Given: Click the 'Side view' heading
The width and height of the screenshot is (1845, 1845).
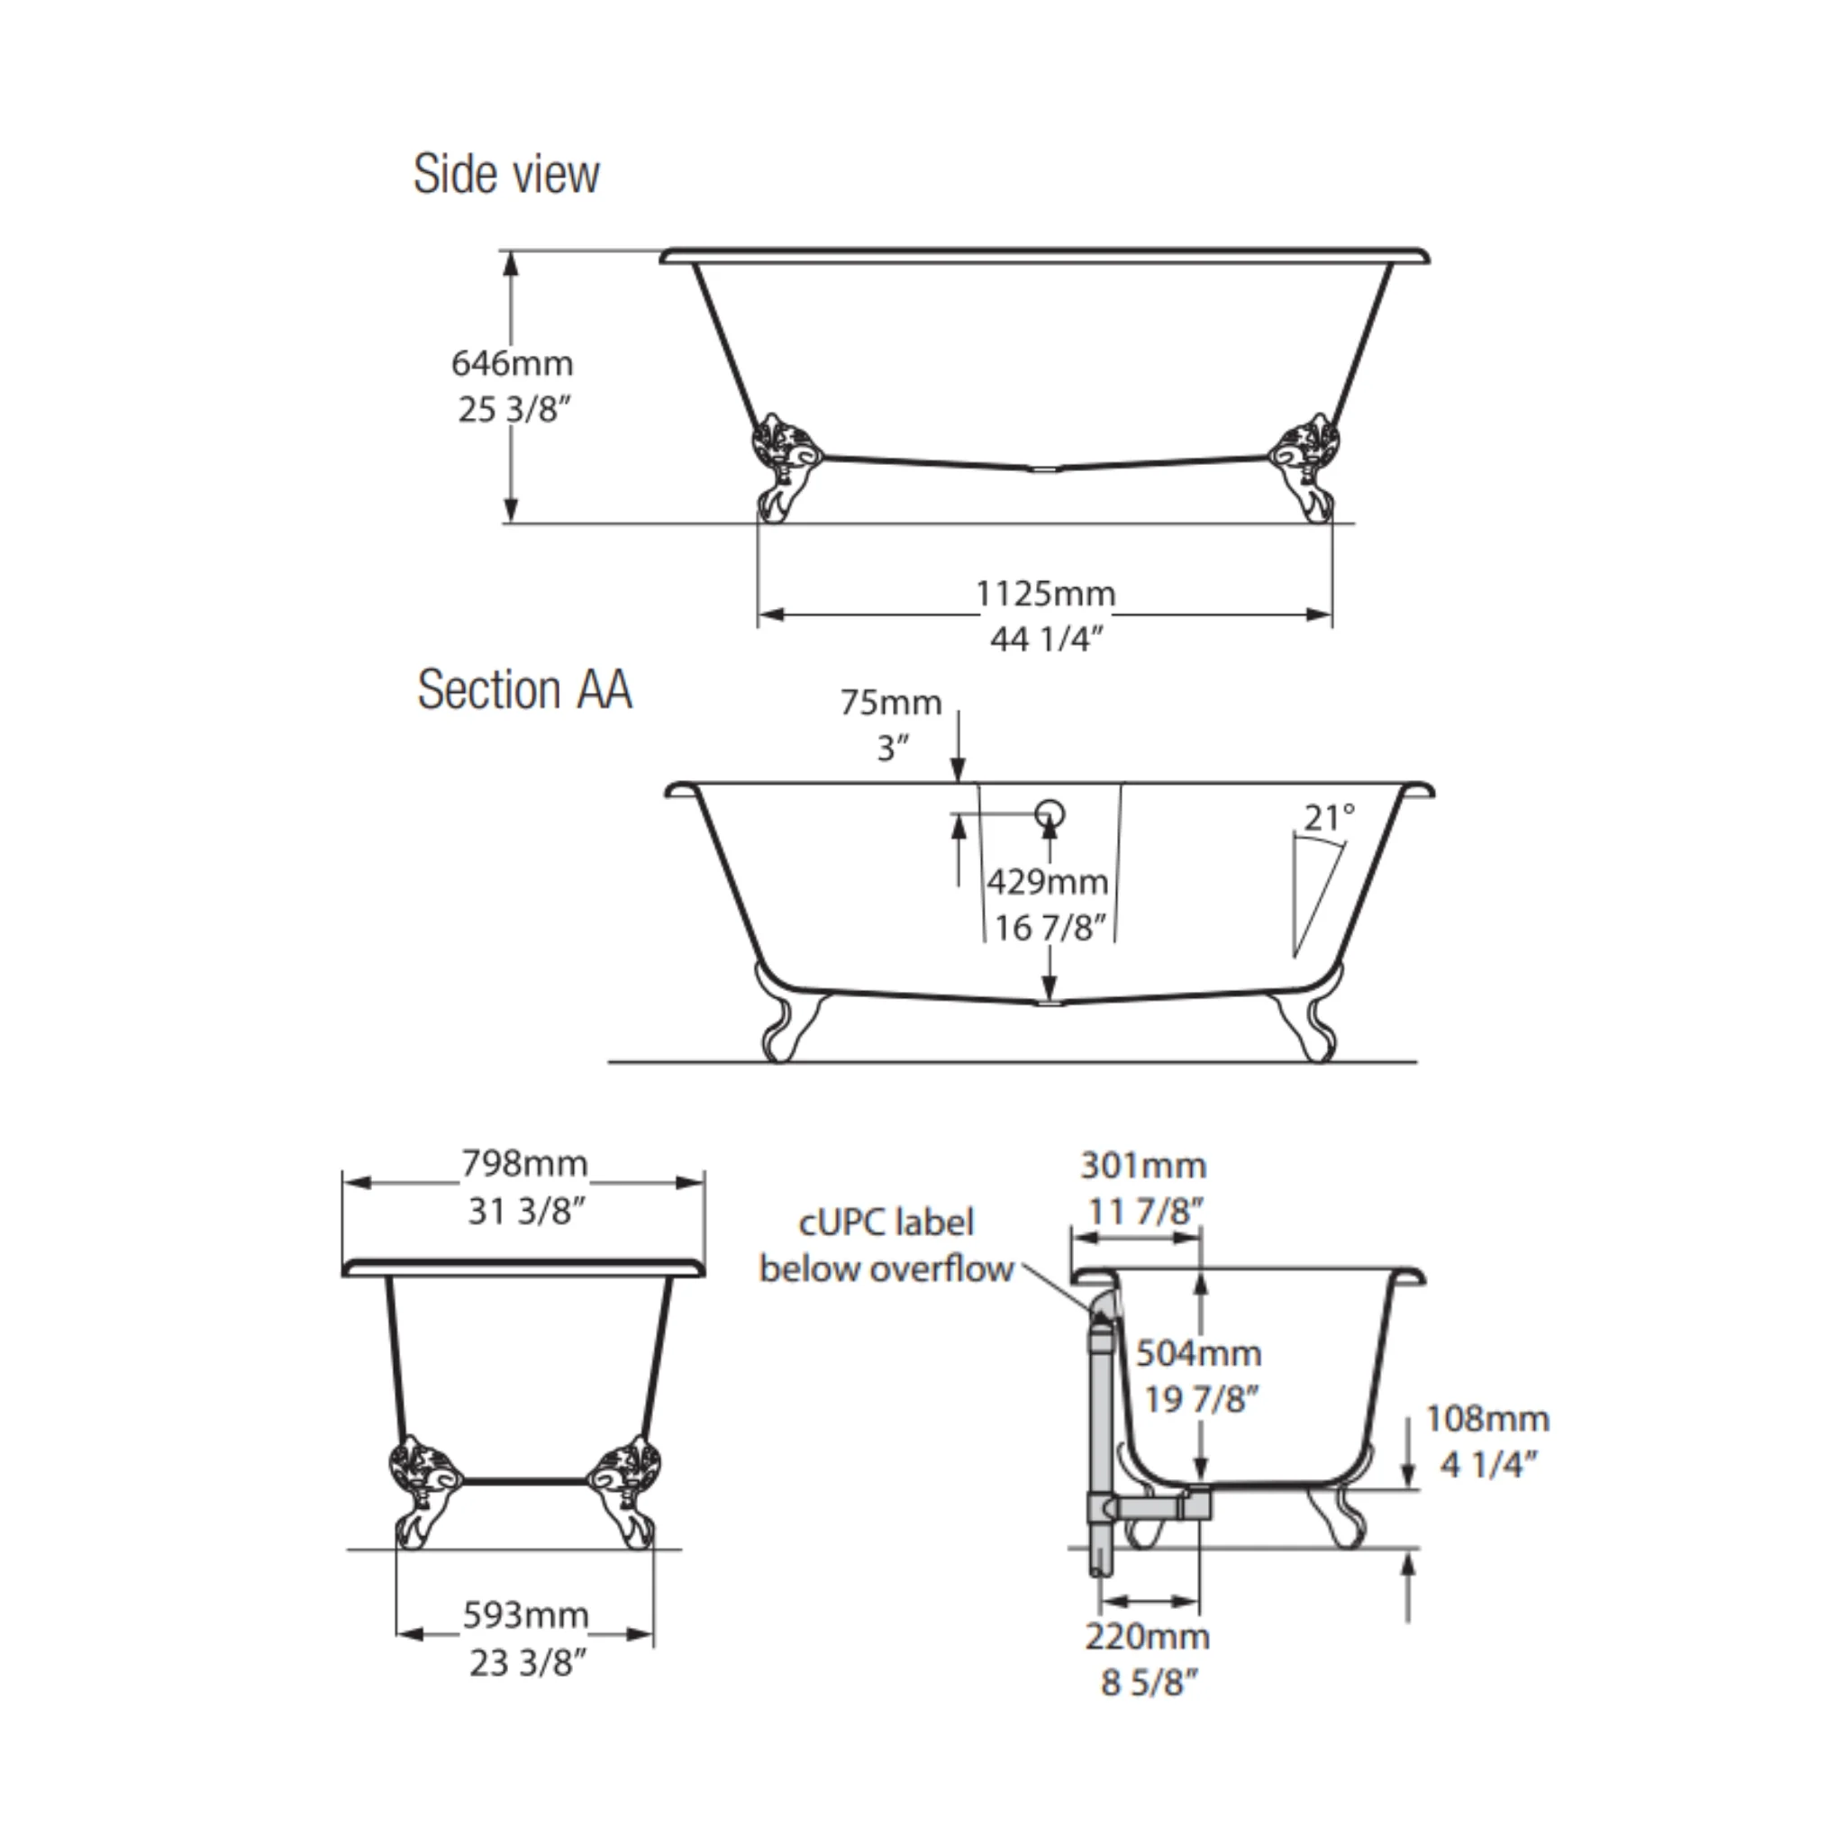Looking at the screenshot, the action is pos(506,175).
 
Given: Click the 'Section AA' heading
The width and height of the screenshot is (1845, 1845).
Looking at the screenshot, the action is pos(524,689).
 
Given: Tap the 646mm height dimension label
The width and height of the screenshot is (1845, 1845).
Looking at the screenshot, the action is pos(512,363).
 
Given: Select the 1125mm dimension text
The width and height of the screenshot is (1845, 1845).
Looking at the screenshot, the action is pos(1045,593).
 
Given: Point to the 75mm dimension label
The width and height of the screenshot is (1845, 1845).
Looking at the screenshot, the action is pos(891,702).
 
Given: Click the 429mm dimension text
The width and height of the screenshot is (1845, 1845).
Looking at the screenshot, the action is pos(1048,880).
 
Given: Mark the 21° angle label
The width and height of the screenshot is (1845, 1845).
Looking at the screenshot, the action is pos(1330,817).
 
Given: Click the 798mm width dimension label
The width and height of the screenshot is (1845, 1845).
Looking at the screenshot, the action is pos(524,1163).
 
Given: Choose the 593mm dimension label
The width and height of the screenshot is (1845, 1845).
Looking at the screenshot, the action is pos(525,1615).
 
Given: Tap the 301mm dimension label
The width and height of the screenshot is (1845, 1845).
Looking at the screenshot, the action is pos(1143,1165).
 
